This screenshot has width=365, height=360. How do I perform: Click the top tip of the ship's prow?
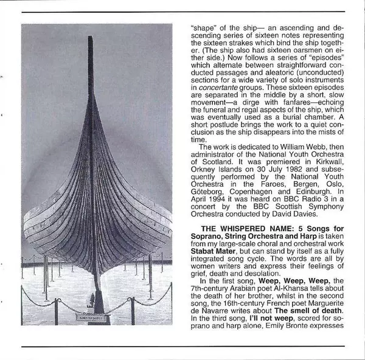tap(91, 38)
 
